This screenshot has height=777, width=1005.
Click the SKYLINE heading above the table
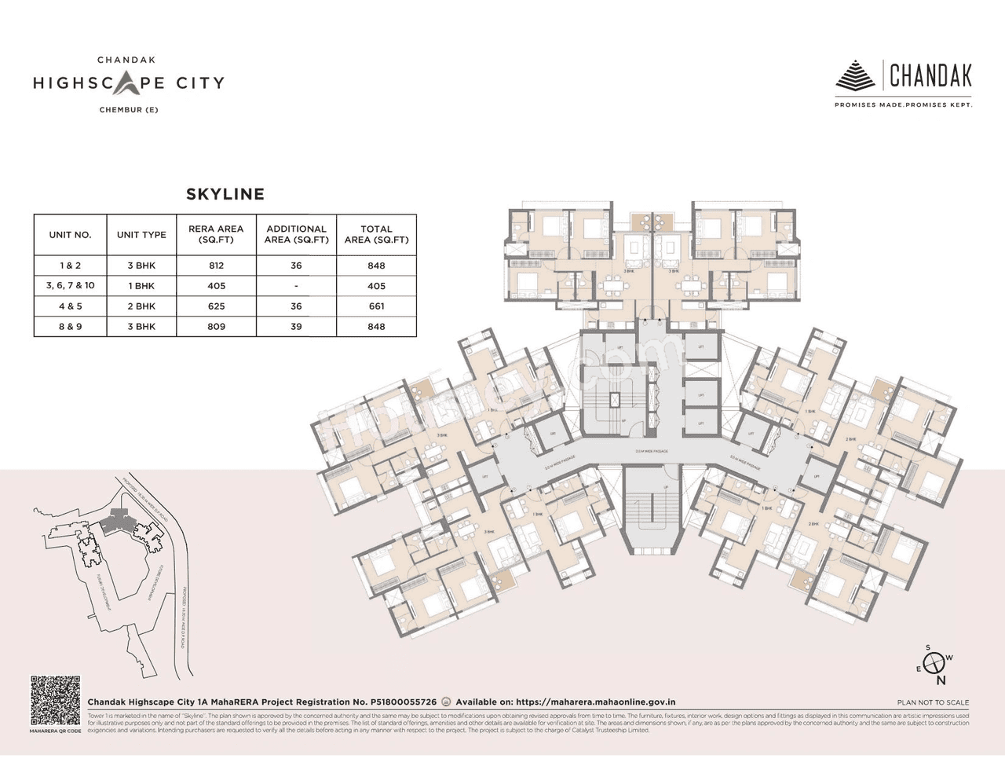225,194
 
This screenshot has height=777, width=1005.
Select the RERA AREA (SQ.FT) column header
216,234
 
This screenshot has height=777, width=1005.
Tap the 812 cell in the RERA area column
216,266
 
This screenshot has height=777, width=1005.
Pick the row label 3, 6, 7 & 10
70,286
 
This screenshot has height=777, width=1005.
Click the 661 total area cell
376,306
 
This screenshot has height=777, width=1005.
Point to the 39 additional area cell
296,327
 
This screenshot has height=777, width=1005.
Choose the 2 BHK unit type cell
141,306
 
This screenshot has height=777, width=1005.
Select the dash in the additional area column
296,286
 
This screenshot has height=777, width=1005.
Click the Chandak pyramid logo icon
855,76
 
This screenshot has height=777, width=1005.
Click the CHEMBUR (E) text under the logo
129,110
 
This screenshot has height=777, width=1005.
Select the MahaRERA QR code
55,700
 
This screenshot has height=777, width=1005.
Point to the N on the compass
941,680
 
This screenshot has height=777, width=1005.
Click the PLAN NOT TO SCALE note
933,702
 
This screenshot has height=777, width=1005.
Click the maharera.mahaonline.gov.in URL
597,702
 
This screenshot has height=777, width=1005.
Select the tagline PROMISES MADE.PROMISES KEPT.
903,104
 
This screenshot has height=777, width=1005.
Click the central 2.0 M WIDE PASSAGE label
651,452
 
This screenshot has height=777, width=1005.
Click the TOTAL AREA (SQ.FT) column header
376,234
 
